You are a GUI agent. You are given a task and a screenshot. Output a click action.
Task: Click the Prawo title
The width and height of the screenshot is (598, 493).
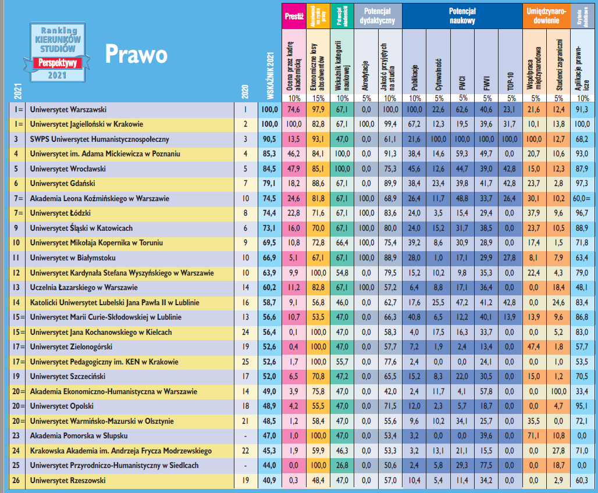136,53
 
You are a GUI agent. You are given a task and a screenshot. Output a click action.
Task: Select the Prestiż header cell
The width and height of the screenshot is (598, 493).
294,16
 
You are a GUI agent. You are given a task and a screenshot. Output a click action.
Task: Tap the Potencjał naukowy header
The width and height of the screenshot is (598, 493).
462,16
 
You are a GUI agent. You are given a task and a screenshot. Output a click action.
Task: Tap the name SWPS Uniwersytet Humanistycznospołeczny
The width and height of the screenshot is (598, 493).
99,139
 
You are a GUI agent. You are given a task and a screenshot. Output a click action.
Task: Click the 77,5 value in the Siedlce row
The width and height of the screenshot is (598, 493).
487,466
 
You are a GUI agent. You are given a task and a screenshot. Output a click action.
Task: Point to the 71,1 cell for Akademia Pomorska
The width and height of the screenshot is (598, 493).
535,436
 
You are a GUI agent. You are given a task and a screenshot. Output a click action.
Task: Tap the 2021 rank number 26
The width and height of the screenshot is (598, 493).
17,480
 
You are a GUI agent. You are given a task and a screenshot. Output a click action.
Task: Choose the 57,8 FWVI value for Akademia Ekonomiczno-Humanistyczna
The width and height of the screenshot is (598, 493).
487,391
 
